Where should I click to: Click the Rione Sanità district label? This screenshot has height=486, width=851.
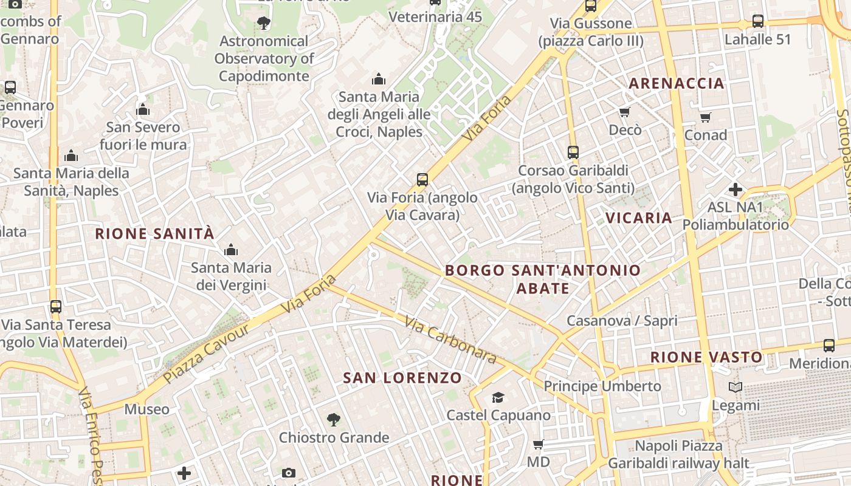pos(154,233)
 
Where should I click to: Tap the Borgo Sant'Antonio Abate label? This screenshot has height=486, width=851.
pos(543,279)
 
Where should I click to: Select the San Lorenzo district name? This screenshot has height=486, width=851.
pos(402,378)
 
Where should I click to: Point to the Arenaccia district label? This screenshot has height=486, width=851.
pos(676,83)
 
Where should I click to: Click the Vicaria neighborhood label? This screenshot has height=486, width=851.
pos(638,217)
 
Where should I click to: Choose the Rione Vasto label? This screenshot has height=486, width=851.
pos(706,357)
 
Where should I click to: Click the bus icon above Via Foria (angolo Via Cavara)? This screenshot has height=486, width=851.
pos(422,179)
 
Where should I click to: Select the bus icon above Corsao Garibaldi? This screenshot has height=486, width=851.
pos(573,152)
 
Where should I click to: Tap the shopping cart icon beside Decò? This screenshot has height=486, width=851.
pos(624,112)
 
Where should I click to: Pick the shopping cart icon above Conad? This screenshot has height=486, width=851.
pos(705,117)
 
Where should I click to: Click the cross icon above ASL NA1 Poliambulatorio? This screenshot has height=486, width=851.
pos(736,190)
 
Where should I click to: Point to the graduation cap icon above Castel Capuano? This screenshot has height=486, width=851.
pos(498,397)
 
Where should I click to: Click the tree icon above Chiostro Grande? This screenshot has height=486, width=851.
pos(333,419)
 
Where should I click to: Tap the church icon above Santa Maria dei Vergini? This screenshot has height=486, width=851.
pos(231,250)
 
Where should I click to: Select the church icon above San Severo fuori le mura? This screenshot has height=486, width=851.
pos(143,109)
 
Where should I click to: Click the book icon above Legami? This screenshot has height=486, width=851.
pos(736,387)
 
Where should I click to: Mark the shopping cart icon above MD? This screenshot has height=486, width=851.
pos(538,444)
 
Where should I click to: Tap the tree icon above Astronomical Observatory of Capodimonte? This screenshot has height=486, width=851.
pos(264,23)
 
